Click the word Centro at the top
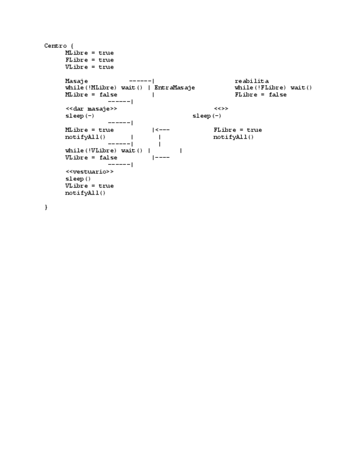click(56, 46)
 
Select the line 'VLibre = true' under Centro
click(90, 67)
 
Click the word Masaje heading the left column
click(76, 81)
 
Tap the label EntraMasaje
click(175, 88)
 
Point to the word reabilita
click(252, 81)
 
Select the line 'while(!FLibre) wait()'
click(273, 88)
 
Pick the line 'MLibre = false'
click(91, 95)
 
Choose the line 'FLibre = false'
click(261, 95)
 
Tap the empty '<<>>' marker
click(221, 109)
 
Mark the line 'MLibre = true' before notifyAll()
click(90, 130)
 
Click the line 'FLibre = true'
click(237, 130)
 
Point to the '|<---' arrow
click(161, 130)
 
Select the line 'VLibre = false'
click(91, 158)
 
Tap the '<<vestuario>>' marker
click(90, 171)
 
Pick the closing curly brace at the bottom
click(46, 207)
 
